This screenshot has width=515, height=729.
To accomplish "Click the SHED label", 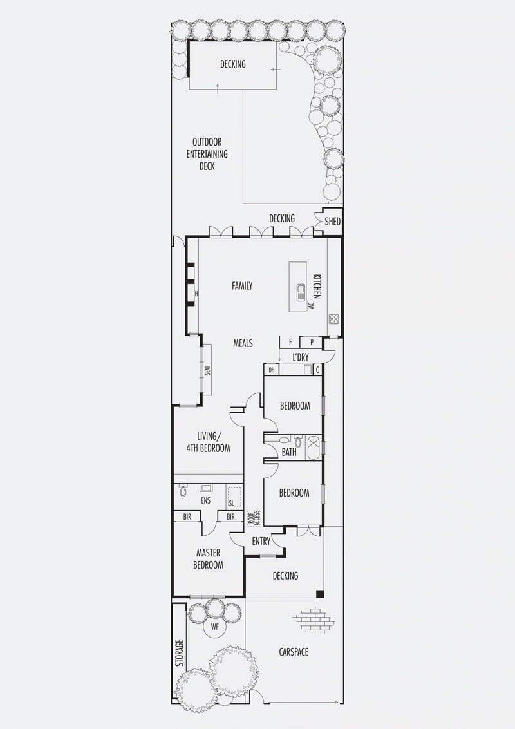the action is coord(332,222).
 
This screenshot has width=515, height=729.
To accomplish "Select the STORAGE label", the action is coord(180,654).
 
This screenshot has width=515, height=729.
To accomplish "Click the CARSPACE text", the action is coord(294,652).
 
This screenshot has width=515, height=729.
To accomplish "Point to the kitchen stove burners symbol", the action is coord(334,319).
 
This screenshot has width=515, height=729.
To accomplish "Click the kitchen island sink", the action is coord(301,292).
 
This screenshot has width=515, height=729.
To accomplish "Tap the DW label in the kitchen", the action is coord(310,306).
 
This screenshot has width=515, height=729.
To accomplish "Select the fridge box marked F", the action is coord(290,342).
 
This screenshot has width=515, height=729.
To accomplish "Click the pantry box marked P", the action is coord(312,342).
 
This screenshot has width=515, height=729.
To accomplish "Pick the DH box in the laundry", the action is coord(272,370).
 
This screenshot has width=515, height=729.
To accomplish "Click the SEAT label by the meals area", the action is coord(208,370).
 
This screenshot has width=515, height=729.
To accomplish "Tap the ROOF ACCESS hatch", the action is coord(254,517).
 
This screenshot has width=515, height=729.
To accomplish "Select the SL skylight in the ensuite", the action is coord(234,497).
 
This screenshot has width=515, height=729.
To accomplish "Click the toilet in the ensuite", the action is coord(183,490).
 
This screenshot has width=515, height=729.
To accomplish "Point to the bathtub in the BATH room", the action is coord(314,448).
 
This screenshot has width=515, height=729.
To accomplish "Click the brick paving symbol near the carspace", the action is coord(314,620).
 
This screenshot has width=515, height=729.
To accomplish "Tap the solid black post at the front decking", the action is coord(320,594).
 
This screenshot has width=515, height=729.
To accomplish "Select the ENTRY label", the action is coord(261,541).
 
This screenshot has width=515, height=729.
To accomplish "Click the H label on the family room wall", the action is coord(196,294).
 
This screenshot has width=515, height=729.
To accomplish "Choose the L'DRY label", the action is coord(300,357).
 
